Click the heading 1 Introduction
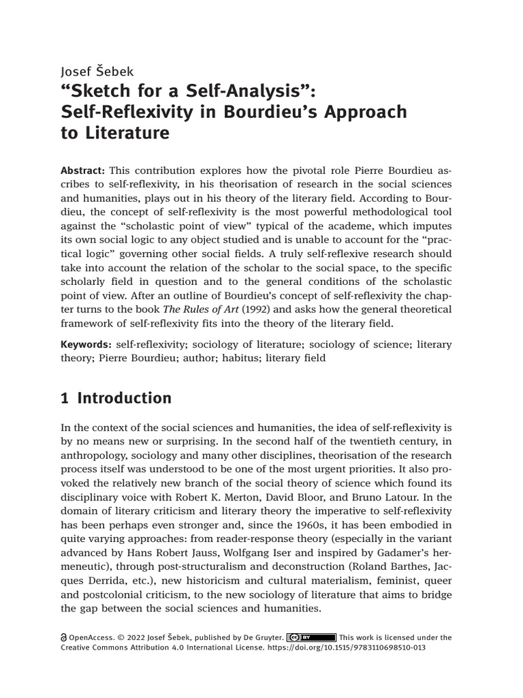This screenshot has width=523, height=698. pos(116,398)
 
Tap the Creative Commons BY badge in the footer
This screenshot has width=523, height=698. pos(311,638)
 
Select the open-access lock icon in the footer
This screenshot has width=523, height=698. pos(65,638)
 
